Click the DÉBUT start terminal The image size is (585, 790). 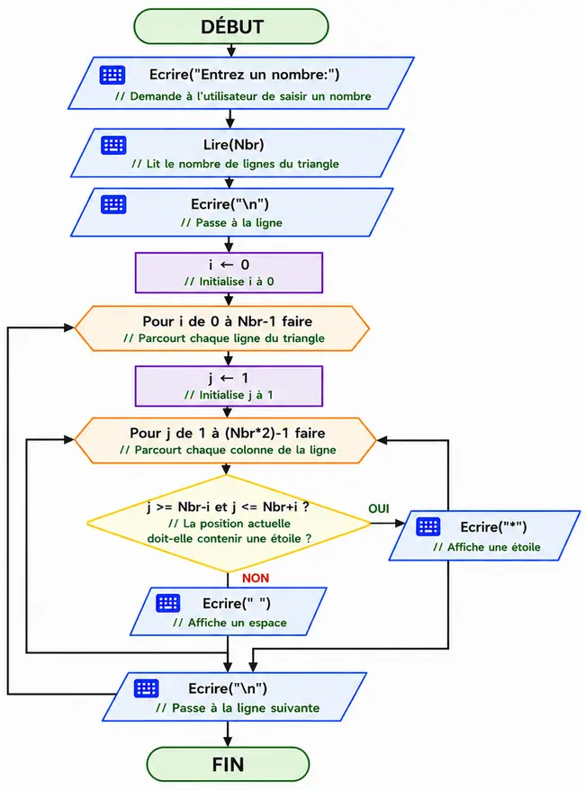231,26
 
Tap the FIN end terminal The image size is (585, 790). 228,764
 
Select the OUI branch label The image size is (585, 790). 379,508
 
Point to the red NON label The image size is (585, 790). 256,578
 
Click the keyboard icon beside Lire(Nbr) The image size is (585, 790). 113,145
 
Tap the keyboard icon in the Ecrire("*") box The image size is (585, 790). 428,526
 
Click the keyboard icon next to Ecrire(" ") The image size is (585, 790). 167,603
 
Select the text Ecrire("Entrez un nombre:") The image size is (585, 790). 245,75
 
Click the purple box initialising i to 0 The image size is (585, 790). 229,273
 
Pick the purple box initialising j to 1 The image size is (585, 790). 229,386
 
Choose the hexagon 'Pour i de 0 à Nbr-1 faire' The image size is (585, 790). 221,328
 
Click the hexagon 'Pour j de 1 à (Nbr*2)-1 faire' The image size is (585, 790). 225,440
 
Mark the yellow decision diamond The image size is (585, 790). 229,524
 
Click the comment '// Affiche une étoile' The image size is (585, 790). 487,547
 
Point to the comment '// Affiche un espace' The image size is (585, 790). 229,623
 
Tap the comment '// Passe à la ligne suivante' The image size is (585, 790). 238,708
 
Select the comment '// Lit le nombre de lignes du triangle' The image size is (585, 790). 235,164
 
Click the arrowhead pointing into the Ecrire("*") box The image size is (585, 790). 400,523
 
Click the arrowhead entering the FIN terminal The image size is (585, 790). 228,741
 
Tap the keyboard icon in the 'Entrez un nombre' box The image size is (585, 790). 112,75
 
